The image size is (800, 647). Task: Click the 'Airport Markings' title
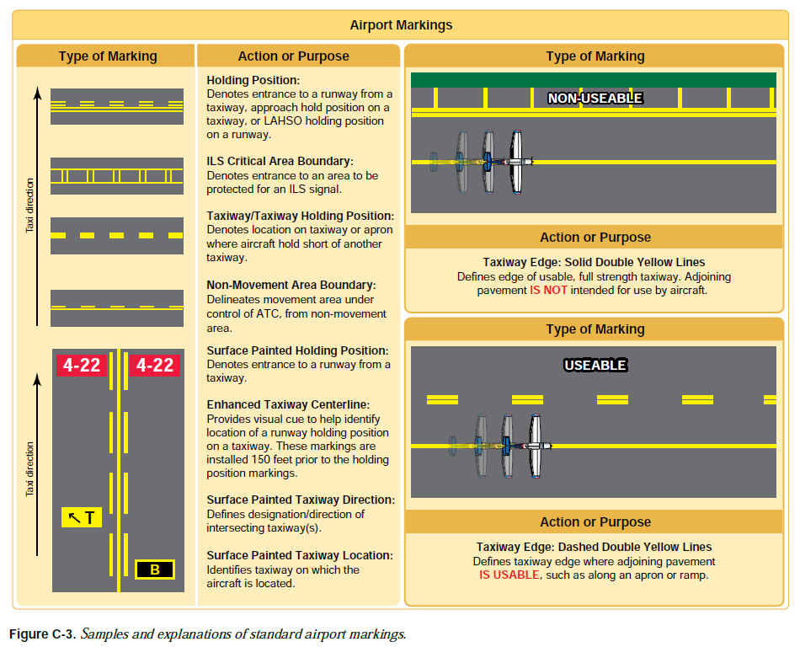click(x=401, y=25)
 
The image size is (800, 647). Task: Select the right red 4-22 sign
click(x=155, y=366)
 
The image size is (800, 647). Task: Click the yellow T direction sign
click(x=82, y=517)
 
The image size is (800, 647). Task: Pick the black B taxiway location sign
click(x=155, y=570)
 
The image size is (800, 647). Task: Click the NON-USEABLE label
click(x=595, y=99)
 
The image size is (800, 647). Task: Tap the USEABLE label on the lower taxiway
click(x=595, y=366)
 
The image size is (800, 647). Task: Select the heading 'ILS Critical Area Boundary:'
click(x=280, y=161)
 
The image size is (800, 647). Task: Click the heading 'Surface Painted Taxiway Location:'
click(x=300, y=555)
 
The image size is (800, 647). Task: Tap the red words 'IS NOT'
click(x=548, y=290)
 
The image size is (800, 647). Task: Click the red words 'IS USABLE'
click(x=509, y=575)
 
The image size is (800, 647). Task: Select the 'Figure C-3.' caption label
click(x=42, y=633)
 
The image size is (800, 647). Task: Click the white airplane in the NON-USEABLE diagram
click(x=519, y=161)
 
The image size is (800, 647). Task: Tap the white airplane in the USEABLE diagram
click(x=534, y=445)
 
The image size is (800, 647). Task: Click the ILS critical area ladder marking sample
click(x=117, y=176)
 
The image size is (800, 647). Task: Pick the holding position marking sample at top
click(x=117, y=107)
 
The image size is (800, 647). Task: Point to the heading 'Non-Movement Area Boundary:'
click(x=291, y=286)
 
